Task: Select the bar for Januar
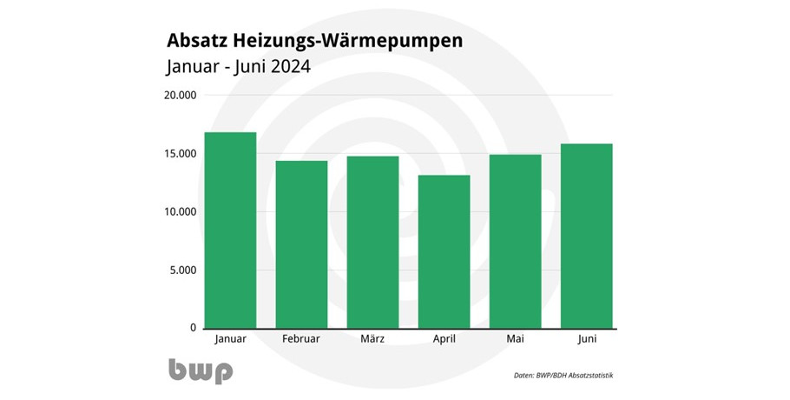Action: point(230,230)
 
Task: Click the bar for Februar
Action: point(301,244)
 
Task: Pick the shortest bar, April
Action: point(444,251)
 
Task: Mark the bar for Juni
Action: point(587,236)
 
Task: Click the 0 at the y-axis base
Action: point(194,328)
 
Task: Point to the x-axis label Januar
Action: point(230,338)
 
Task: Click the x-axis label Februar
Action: point(301,338)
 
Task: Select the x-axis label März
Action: point(372,338)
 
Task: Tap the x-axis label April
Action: point(444,338)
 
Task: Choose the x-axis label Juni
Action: point(587,338)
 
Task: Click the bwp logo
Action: point(201,371)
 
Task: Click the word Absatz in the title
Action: point(199,41)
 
